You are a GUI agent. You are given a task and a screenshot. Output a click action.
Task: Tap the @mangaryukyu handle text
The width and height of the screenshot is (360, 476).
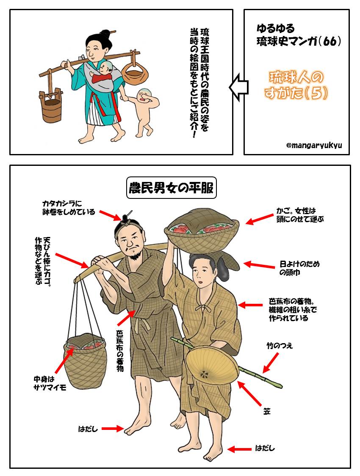[x=314, y=145]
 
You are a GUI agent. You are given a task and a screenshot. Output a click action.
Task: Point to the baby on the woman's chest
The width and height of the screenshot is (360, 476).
[x=104, y=72]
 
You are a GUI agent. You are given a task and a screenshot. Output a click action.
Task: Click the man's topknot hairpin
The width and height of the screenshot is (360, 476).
[x=126, y=217]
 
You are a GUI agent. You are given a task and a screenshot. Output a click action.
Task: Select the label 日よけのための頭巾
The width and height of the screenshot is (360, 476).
[x=299, y=268]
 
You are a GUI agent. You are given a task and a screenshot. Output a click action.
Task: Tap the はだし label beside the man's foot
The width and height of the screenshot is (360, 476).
[x=88, y=429]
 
